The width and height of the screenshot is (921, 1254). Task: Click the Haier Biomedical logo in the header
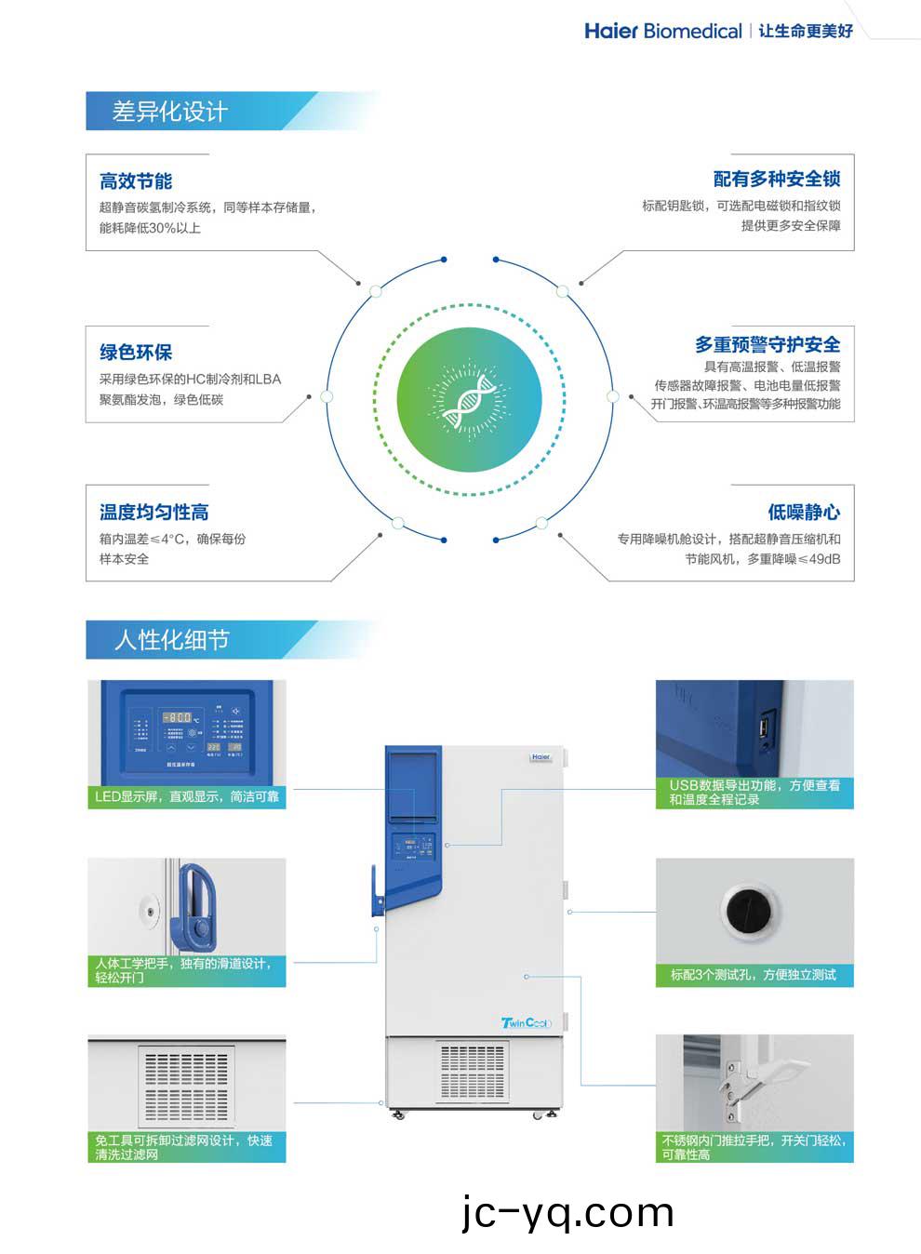pos(662,31)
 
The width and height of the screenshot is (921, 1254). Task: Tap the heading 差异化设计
pos(169,112)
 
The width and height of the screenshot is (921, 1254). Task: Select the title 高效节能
pos(136,181)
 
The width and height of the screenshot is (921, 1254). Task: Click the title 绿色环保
pos(136,353)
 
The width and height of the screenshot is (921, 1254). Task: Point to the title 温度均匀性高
pos(153,513)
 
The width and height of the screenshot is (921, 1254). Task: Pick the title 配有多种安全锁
pos(777,179)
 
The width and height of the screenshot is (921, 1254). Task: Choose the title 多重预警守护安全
pos(767,344)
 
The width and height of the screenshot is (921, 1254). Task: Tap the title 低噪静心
pos(804,513)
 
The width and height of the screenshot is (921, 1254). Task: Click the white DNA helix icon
pos(469,400)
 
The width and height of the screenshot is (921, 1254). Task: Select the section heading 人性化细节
pos(171,640)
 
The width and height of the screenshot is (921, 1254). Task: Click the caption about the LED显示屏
pos(186,797)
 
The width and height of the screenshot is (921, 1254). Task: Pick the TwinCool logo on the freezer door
pos(526,1023)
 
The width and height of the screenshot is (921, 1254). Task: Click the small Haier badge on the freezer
pos(541,757)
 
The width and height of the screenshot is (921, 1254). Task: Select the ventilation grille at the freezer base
pos(473,1070)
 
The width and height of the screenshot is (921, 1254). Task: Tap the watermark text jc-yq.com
pos(567,1212)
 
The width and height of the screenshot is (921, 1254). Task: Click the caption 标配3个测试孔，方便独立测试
pos(754,975)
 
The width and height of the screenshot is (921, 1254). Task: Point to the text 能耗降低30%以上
pos(150,228)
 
